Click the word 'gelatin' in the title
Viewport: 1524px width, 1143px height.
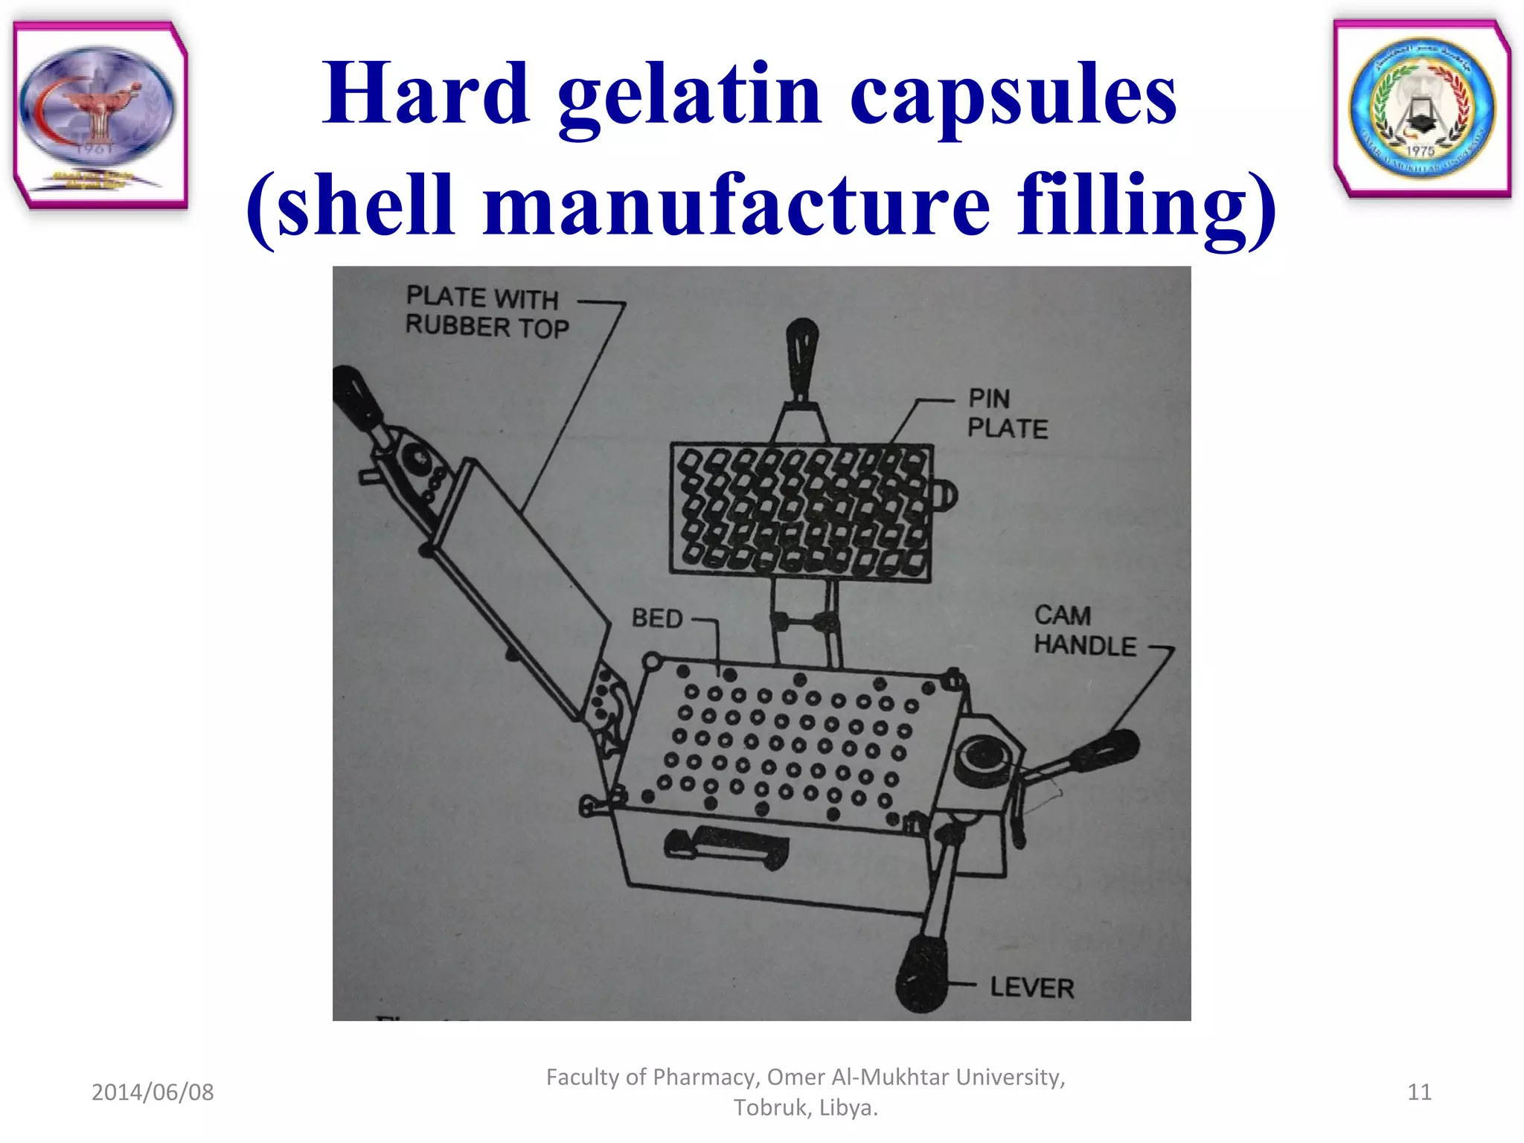(x=688, y=97)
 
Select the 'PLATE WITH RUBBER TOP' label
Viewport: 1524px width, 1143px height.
(x=487, y=313)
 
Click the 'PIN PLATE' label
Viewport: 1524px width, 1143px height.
(x=1007, y=414)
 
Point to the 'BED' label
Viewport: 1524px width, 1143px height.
(x=656, y=618)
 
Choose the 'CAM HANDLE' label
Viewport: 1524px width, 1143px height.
(x=1084, y=630)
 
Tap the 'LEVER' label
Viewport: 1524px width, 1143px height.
(x=1031, y=987)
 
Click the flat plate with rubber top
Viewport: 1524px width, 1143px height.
(x=521, y=588)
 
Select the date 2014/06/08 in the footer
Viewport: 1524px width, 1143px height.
(x=153, y=1092)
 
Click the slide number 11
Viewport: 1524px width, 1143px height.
(x=1419, y=1092)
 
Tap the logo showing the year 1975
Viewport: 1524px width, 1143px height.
(x=1422, y=109)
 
